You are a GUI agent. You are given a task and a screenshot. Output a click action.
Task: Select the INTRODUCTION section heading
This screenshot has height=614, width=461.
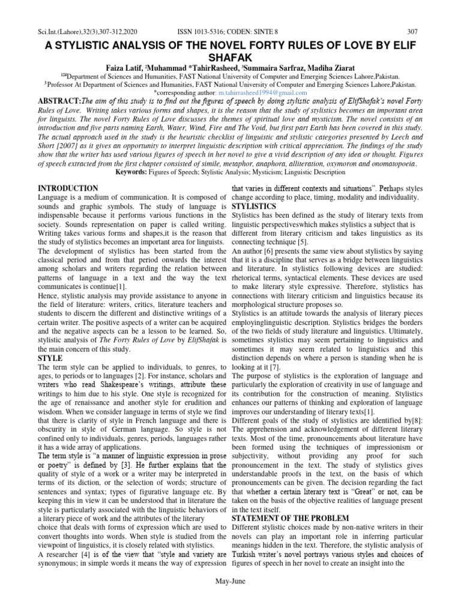[68, 188]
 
